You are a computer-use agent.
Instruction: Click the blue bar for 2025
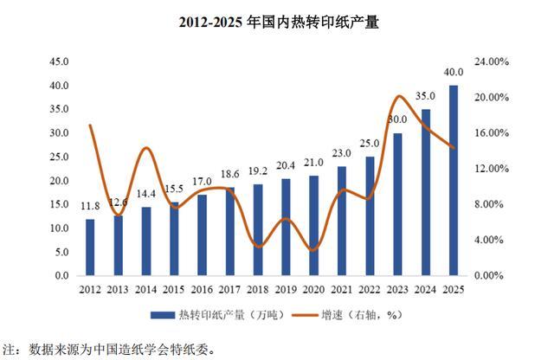pos(454,180)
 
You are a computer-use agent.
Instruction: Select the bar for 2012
pos(90,247)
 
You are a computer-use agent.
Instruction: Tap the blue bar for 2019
pos(286,228)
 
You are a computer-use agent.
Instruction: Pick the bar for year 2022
pos(370,216)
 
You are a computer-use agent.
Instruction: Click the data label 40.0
pos(454,72)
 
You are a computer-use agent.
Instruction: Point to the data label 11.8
pos(90,206)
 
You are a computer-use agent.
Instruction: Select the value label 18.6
pos(229,174)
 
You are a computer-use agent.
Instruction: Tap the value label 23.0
pos(342,153)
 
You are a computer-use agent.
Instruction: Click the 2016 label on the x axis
pos(202,290)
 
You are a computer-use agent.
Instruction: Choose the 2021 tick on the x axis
pos(342,290)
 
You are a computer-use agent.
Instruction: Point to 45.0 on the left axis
pos(59,61)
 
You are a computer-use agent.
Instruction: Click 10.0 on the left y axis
pos(59,228)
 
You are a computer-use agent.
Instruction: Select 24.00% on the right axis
pos(492,61)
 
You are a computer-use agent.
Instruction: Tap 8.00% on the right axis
pos(488,204)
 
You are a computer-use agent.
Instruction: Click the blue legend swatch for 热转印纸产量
pos(163,315)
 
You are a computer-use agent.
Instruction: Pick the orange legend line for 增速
pos(306,315)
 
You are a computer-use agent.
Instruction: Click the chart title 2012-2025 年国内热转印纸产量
pos(279,22)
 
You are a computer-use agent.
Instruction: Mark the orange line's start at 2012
pos(90,125)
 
